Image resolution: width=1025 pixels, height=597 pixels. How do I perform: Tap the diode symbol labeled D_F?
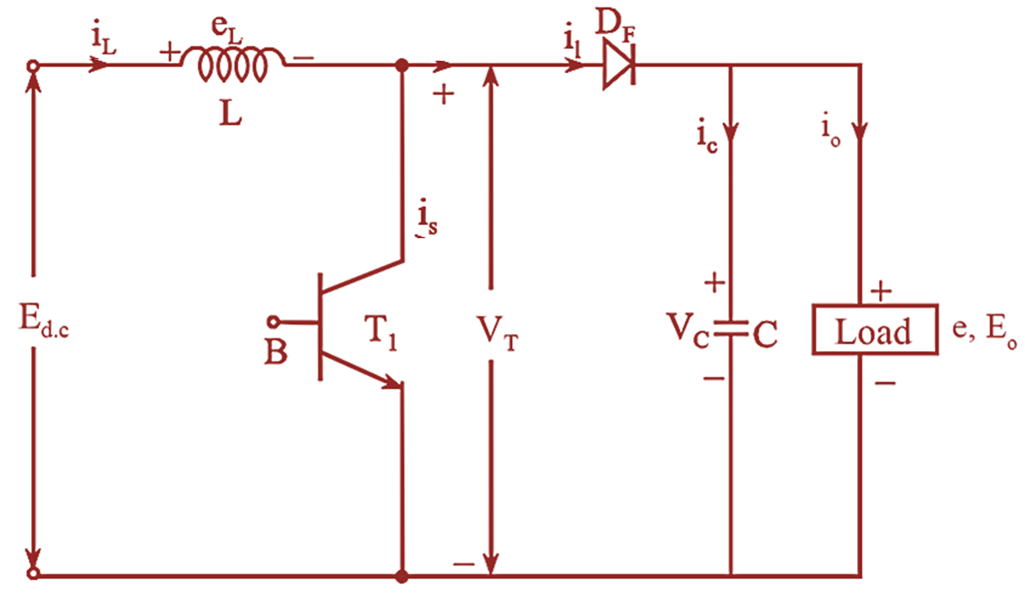(619, 67)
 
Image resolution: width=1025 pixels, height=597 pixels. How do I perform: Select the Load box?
(873, 332)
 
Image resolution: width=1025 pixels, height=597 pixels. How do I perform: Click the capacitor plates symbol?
(731, 328)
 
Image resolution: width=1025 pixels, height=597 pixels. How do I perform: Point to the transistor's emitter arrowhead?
(392, 381)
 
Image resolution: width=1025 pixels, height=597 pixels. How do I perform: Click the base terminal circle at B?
(273, 321)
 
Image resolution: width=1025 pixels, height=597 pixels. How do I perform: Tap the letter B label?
(275, 353)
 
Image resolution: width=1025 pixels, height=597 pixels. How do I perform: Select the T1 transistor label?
(382, 336)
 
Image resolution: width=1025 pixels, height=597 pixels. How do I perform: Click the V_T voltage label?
(498, 337)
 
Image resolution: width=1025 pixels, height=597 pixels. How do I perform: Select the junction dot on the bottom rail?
(402, 577)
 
